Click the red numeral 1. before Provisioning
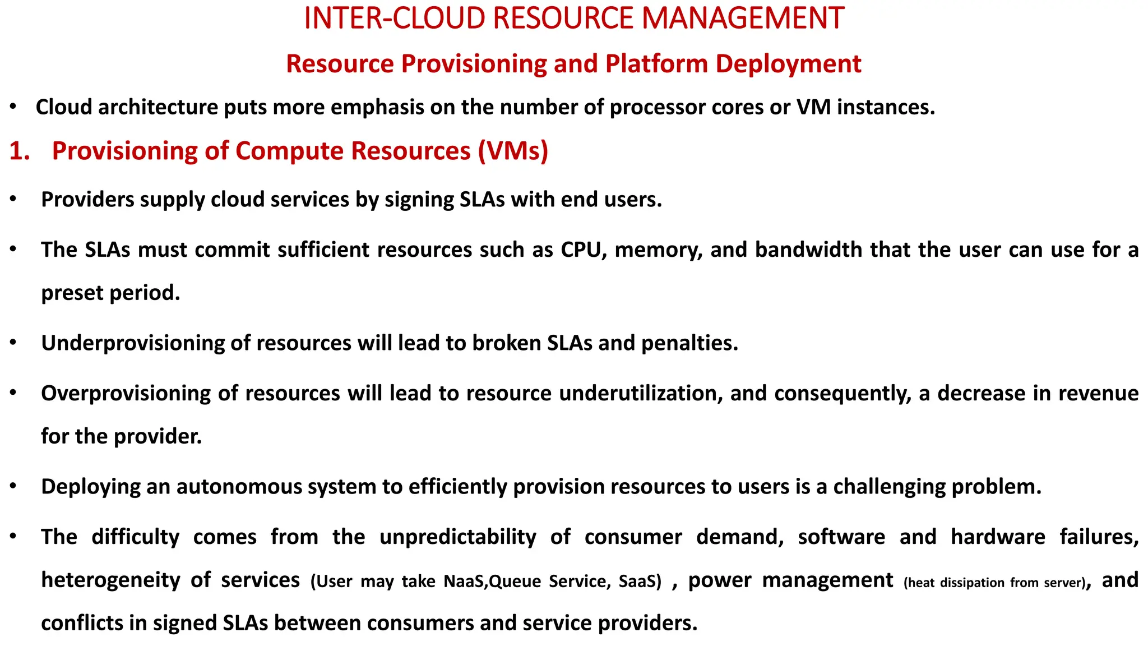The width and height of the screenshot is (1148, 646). point(20,151)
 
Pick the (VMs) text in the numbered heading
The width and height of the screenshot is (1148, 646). point(513,151)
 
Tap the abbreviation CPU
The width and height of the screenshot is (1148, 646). point(583,250)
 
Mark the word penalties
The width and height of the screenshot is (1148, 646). point(689,343)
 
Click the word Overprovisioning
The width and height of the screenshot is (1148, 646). point(126,393)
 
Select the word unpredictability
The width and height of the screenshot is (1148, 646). point(458,537)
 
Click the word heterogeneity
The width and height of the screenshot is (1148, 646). point(110,580)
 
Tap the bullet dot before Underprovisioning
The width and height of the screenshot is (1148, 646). point(13,342)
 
